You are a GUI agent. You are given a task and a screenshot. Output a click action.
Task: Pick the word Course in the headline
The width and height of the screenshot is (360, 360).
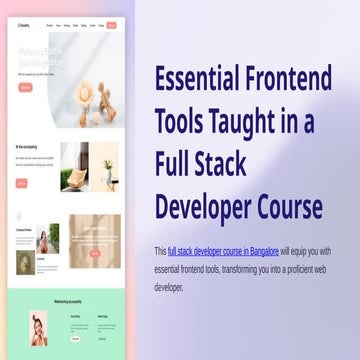[x=286, y=207]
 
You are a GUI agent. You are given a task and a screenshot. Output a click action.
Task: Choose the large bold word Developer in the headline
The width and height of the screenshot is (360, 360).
[x=204, y=207]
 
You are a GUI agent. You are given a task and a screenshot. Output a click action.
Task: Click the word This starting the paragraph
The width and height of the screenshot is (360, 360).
[x=160, y=250]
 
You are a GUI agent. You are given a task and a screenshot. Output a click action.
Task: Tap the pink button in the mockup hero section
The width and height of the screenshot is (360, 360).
[x=25, y=87]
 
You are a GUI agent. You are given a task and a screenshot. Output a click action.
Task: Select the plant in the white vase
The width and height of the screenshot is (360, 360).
[x=107, y=169]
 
